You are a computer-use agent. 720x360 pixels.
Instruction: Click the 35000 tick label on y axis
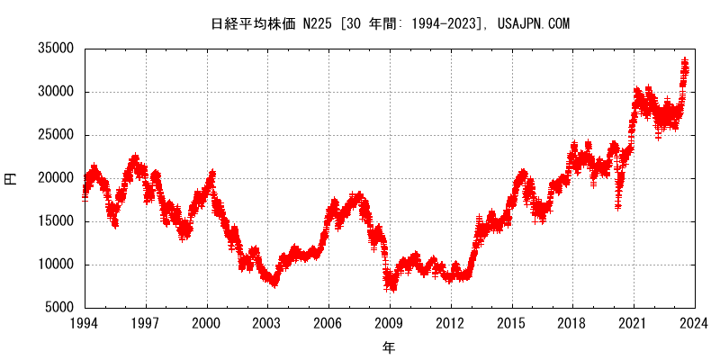click(x=54, y=49)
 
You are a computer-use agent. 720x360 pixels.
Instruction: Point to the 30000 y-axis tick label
click(x=54, y=92)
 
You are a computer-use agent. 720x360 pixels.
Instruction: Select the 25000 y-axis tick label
click(x=54, y=135)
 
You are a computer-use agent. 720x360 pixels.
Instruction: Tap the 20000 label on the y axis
click(x=54, y=178)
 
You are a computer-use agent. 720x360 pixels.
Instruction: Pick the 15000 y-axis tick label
click(x=54, y=221)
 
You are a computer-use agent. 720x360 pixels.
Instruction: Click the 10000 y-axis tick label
click(x=54, y=265)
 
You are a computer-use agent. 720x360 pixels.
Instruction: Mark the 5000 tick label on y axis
click(x=58, y=308)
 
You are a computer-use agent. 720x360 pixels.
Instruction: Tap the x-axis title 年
click(x=389, y=346)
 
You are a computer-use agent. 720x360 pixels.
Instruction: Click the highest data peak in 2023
click(x=686, y=60)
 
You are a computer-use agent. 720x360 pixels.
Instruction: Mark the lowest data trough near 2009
click(x=391, y=288)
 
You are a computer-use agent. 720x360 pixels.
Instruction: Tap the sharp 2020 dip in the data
click(x=618, y=206)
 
